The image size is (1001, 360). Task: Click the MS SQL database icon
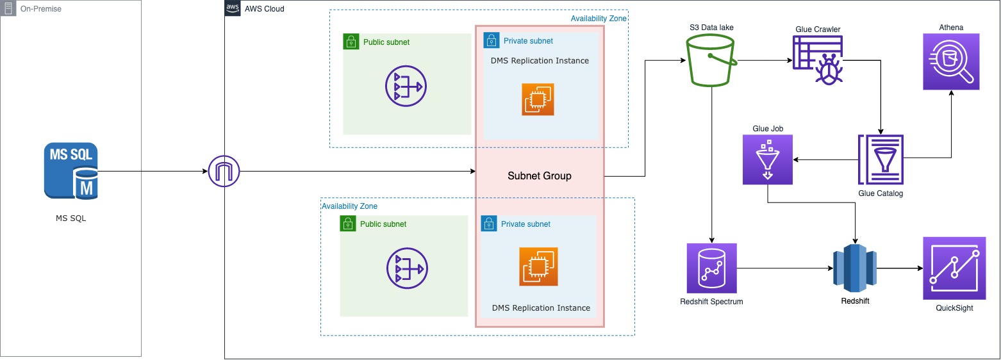71,170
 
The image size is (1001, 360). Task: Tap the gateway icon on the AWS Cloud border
224,172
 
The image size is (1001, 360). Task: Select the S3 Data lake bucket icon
711,61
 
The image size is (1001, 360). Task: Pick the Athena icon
952,61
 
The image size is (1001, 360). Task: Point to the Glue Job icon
767,160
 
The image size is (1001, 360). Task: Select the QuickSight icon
954,268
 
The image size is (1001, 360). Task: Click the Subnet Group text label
539,176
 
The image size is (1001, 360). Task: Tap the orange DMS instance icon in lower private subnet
538,266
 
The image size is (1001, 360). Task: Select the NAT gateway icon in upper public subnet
406,86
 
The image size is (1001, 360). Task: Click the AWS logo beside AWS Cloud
233,8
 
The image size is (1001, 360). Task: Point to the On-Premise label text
41,9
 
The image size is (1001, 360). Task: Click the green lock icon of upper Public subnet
350,42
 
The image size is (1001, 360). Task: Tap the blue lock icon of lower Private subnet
488,224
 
